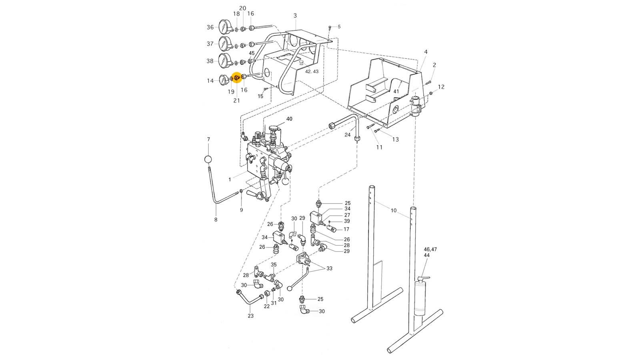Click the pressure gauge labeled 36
[x=225, y=27]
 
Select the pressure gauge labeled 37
[x=225, y=44]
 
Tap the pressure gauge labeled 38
[x=225, y=61]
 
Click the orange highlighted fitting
[x=236, y=78]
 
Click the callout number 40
[x=289, y=119]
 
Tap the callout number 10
[x=394, y=210]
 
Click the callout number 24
[x=348, y=135]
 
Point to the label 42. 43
[x=312, y=72]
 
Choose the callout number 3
[x=295, y=16]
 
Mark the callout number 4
[x=426, y=52]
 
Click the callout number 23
[x=250, y=316]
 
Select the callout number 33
[x=329, y=268]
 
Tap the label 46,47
[x=430, y=249]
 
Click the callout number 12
[x=441, y=87]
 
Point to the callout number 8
[x=216, y=220]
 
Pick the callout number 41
[x=396, y=91]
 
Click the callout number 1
[x=230, y=180]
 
